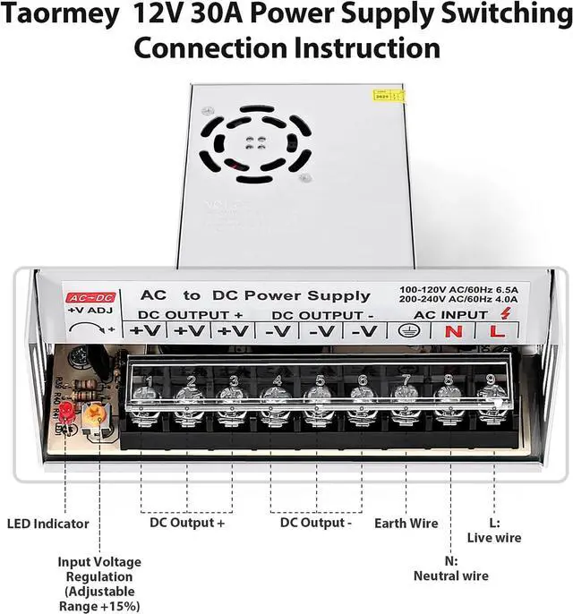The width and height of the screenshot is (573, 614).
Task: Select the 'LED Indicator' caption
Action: tap(48, 524)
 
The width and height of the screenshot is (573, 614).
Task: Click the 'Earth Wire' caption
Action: tap(406, 524)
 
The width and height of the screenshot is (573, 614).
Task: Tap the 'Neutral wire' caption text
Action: tap(450, 576)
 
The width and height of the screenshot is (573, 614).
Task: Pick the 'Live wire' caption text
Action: tap(494, 538)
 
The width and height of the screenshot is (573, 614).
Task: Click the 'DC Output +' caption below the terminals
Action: tap(187, 523)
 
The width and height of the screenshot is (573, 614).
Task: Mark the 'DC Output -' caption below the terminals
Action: tap(316, 523)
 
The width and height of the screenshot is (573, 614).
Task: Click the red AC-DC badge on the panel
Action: tap(90, 296)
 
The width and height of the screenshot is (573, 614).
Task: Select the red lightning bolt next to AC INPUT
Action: tap(506, 312)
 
